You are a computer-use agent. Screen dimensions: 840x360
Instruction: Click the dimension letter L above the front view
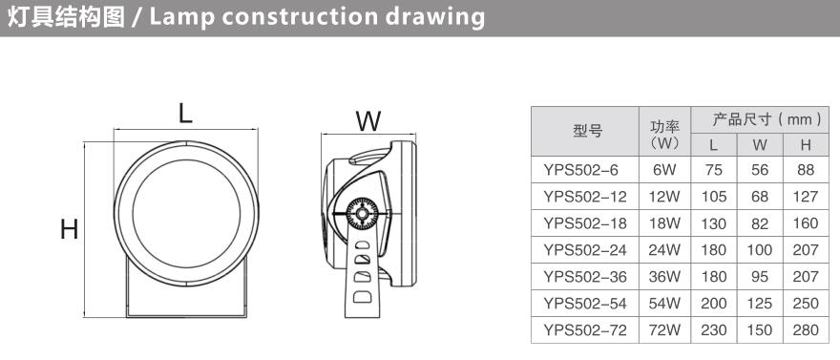(x=185, y=114)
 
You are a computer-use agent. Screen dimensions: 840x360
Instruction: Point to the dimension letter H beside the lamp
(x=70, y=229)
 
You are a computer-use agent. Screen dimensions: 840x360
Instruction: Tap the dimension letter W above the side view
(x=369, y=121)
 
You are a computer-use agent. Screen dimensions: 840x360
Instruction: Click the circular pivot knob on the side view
(x=362, y=214)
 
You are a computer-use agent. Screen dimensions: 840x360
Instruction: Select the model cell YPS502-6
(x=580, y=170)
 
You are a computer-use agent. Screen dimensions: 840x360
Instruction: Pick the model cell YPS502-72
(x=584, y=330)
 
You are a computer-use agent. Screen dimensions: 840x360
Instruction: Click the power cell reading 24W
(x=664, y=250)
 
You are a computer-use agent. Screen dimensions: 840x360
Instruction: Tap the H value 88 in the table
(x=806, y=170)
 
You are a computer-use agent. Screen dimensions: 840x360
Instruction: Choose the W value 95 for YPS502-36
(x=760, y=277)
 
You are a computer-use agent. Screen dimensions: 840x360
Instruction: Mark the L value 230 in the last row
(x=714, y=330)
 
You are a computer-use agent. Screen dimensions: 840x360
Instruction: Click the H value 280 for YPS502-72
(x=806, y=330)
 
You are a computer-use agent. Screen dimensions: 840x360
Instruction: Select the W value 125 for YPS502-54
(x=760, y=304)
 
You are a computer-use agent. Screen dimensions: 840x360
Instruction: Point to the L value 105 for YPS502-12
(x=714, y=197)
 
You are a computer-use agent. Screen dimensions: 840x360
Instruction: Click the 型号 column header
(x=588, y=131)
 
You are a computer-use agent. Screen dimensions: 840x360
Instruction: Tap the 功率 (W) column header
(x=664, y=135)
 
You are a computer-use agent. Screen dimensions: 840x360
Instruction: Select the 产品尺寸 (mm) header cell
(x=767, y=119)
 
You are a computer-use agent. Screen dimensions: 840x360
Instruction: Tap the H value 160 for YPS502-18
(x=806, y=223)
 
